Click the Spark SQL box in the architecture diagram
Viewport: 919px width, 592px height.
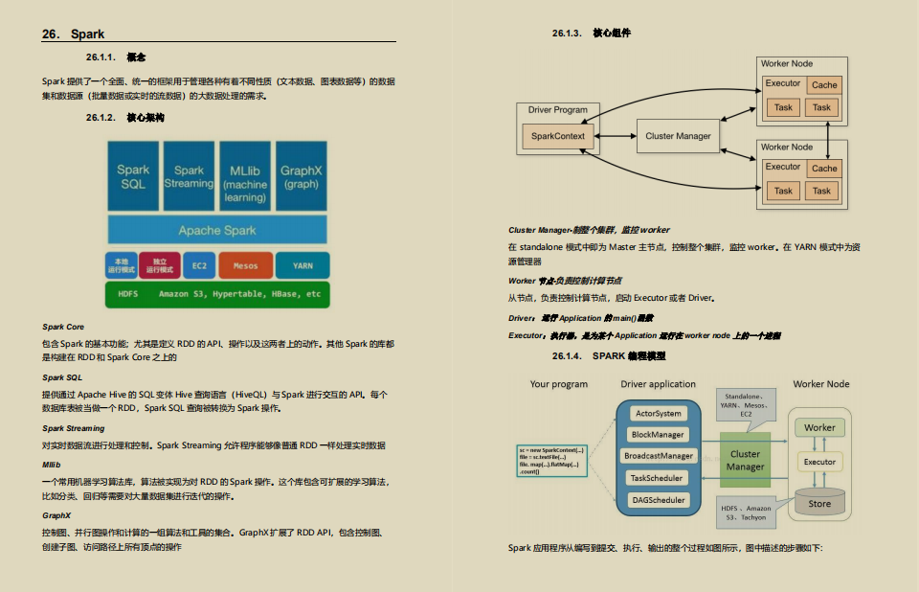click(133, 176)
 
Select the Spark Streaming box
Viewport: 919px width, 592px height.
click(189, 176)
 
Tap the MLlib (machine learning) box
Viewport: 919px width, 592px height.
click(245, 176)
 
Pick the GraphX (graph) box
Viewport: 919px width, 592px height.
click(302, 176)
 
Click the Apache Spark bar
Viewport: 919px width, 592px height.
click(217, 230)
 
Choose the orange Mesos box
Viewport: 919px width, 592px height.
click(245, 265)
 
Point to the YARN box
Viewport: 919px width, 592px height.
click(303, 265)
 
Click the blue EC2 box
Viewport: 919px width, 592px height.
click(199, 265)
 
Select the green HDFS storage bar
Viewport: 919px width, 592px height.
click(217, 294)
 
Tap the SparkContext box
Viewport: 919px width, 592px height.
click(558, 136)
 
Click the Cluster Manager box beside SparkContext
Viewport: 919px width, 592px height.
click(678, 136)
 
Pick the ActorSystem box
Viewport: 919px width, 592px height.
click(658, 414)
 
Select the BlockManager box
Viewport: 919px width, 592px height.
click(658, 435)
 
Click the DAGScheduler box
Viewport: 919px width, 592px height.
click(658, 500)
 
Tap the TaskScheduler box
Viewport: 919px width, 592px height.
click(658, 478)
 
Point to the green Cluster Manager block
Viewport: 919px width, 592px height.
click(745, 460)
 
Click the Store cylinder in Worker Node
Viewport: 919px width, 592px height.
click(819, 502)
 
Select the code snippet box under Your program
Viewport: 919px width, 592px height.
click(550, 461)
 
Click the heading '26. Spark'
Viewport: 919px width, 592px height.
click(74, 34)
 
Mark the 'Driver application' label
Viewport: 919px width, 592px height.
click(658, 384)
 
